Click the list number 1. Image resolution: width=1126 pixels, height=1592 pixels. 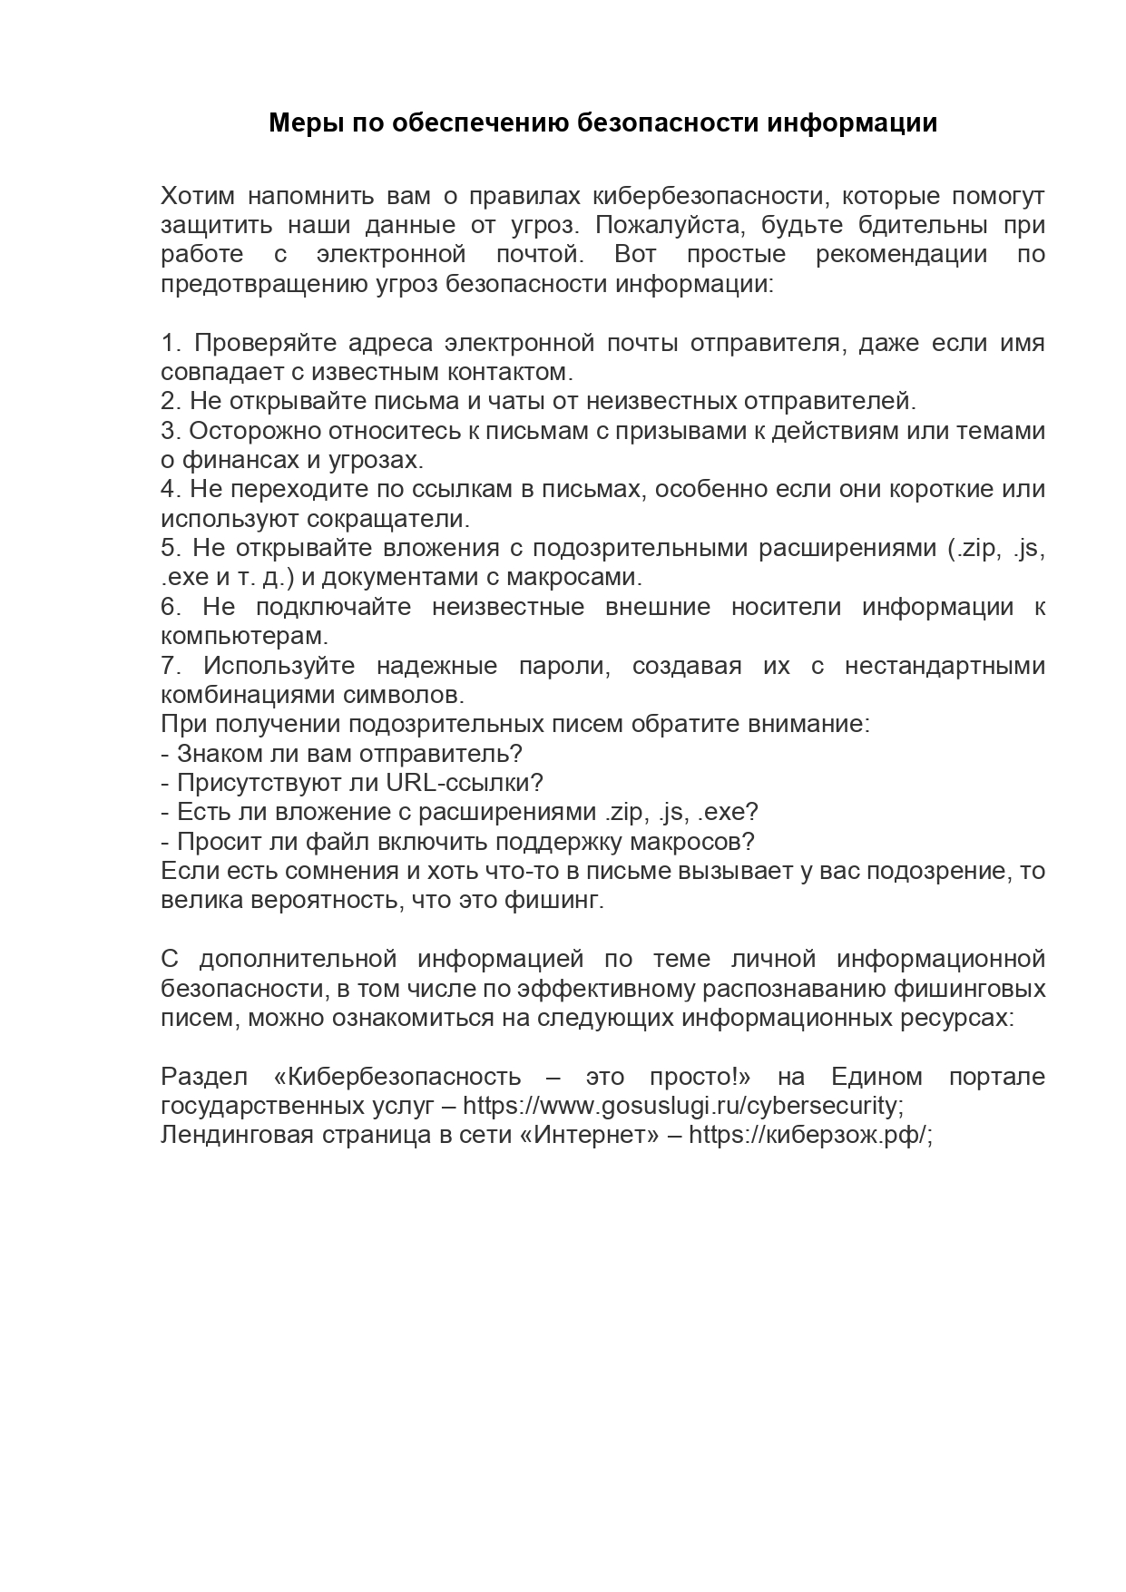tap(171, 343)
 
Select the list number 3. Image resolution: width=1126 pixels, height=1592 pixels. tap(171, 431)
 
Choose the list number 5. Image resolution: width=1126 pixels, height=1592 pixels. tap(171, 548)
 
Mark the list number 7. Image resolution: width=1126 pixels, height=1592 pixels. tap(171, 666)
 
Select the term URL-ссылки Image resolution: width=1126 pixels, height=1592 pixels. tap(464, 783)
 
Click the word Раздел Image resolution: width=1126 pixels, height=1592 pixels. tap(203, 1077)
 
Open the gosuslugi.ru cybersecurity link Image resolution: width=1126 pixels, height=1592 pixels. tap(681, 1107)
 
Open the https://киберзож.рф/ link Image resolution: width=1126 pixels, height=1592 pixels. tap(810, 1136)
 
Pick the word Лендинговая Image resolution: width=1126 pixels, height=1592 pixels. tap(236, 1136)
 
